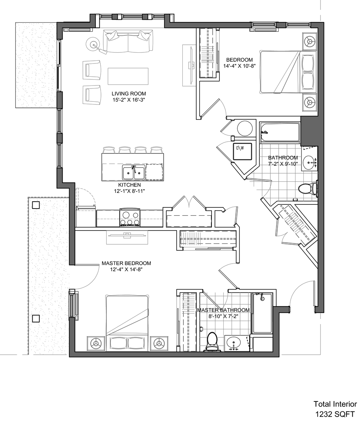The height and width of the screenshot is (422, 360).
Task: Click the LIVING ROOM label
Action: tap(129, 94)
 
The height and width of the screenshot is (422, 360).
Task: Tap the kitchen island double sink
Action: tap(133, 172)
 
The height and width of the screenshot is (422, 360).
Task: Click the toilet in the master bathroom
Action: tap(213, 342)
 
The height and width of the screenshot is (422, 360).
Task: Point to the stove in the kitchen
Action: tap(130, 217)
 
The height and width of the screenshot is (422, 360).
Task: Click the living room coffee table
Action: tap(128, 76)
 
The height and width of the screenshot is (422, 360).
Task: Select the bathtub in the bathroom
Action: tap(279, 132)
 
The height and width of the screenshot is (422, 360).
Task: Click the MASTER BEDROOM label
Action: tap(126, 263)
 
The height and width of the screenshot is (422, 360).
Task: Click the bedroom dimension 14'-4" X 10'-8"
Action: tap(239, 65)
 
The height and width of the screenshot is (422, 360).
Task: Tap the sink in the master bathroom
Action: tap(234, 343)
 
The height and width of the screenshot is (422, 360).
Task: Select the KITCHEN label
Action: tap(129, 185)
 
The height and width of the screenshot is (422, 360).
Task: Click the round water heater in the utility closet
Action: tap(245, 128)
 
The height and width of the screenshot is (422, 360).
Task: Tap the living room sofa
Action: tap(128, 42)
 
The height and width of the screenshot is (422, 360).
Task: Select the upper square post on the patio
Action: tap(36, 205)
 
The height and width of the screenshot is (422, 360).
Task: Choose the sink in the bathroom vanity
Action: tap(310, 162)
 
